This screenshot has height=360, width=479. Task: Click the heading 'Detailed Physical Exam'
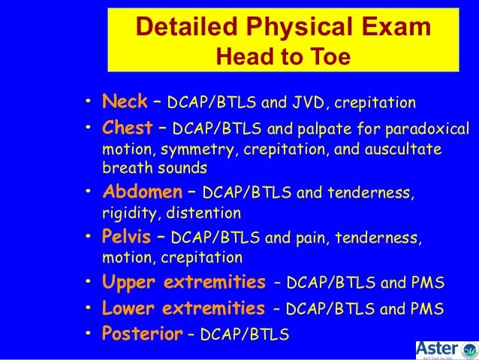283,27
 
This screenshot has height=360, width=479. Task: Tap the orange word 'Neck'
125,101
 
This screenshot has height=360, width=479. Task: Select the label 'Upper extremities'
184,283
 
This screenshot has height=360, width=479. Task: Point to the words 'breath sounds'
155,168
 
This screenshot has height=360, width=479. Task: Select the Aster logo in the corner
446,349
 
